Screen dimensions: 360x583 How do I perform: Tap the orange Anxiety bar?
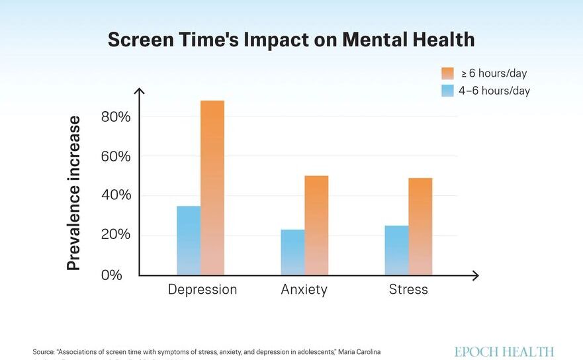316,225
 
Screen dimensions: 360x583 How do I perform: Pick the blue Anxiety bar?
292,252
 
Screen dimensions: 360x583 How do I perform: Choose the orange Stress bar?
420,226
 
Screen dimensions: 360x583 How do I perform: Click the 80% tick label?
116,117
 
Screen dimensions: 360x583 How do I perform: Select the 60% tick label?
116,157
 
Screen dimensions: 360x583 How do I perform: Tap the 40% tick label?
116,196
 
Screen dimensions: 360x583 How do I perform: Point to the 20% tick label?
116,235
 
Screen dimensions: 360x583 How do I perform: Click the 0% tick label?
112,275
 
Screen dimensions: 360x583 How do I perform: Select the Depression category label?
202,290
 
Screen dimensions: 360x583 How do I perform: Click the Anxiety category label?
304,290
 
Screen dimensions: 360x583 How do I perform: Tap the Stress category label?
408,290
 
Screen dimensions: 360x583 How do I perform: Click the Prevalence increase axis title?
73,193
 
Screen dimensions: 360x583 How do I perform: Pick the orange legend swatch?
448,73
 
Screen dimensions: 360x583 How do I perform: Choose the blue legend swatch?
448,91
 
